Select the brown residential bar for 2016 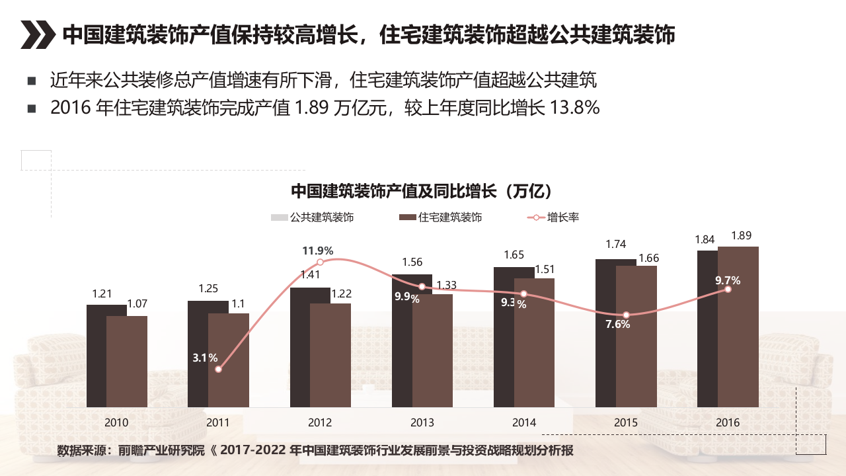pos(738,327)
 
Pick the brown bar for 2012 pos(330,355)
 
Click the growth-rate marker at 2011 pos(219,369)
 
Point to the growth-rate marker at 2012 pos(321,262)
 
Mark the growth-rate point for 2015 pos(626,315)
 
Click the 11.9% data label pos(318,251)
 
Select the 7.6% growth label pos(618,325)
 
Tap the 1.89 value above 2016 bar pos(741,236)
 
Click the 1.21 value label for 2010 pos(102,294)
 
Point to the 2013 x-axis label pos(422,422)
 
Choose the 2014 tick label pos(524,422)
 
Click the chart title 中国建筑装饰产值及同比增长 pos(422,192)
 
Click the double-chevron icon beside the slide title pos(37,35)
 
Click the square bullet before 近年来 pos(31,81)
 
